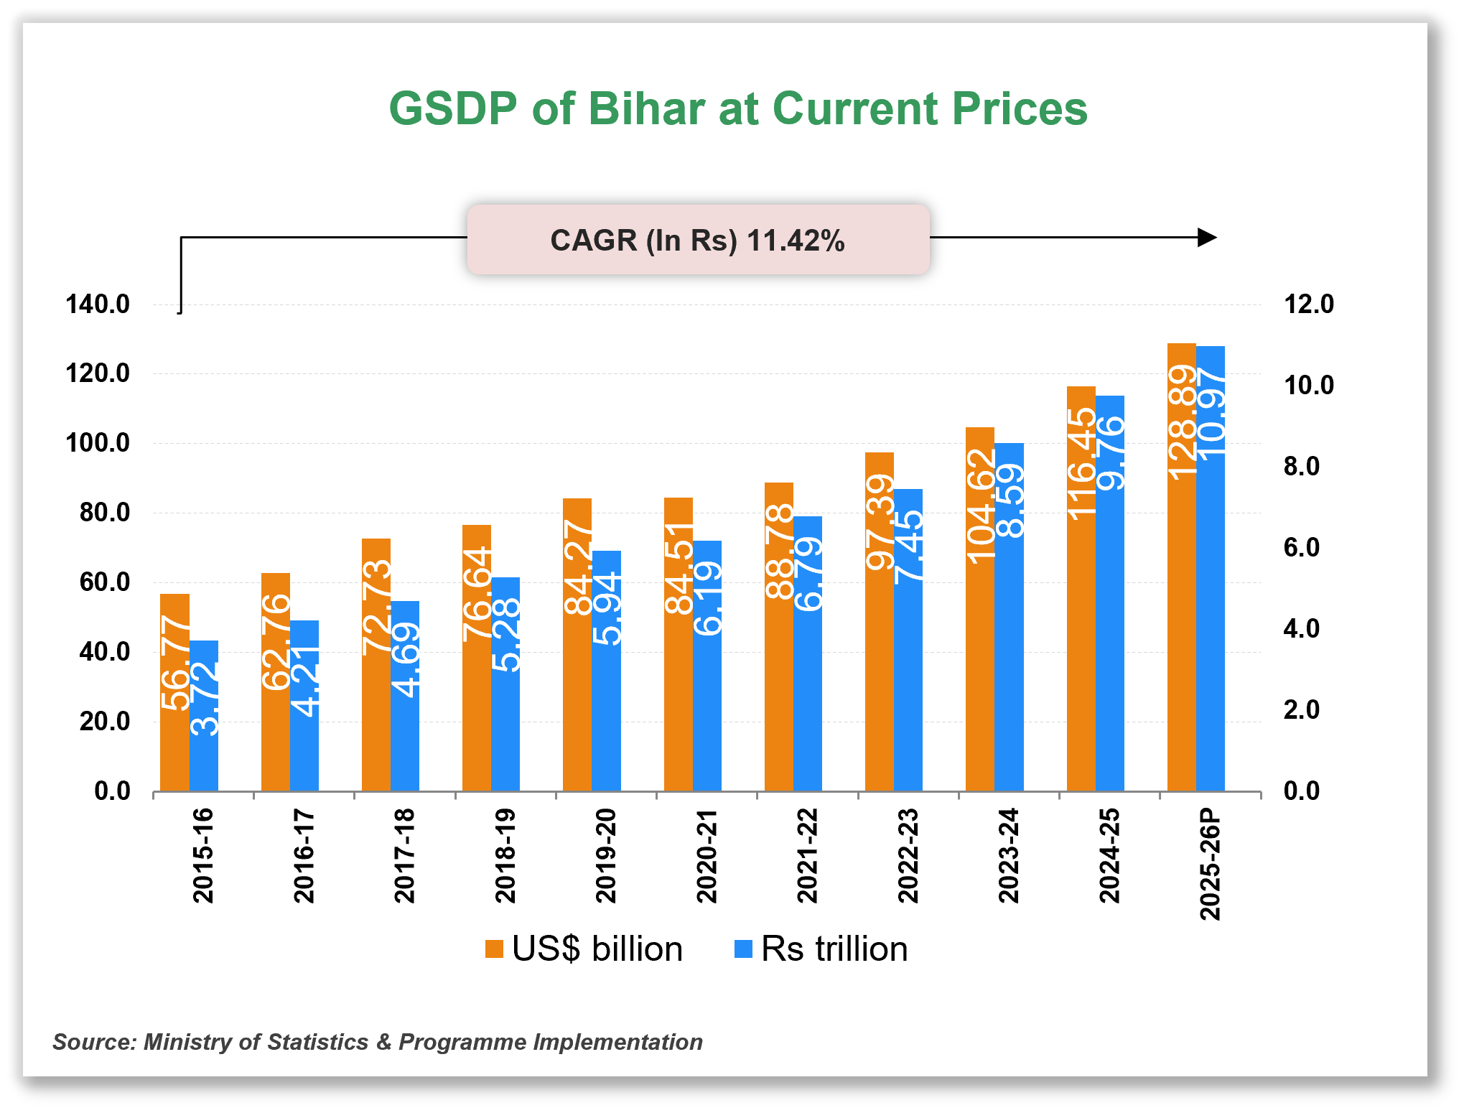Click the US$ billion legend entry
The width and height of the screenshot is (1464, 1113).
pyautogui.click(x=583, y=949)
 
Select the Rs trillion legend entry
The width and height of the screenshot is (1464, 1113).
pyautogui.click(x=821, y=949)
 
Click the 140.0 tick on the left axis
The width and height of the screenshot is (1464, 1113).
pyautogui.click(x=98, y=304)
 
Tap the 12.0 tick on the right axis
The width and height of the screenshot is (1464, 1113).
pyautogui.click(x=1308, y=304)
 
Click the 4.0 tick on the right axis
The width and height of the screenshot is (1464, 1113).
pyautogui.click(x=1301, y=629)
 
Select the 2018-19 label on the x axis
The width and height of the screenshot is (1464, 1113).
pyautogui.click(x=505, y=855)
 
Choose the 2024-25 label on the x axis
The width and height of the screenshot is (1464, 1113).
pyautogui.click(x=1109, y=855)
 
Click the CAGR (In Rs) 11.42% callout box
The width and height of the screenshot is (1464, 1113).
pyautogui.click(x=698, y=240)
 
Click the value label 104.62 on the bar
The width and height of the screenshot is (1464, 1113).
pyautogui.click(x=981, y=506)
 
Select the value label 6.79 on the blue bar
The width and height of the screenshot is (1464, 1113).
pyautogui.click(x=808, y=574)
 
